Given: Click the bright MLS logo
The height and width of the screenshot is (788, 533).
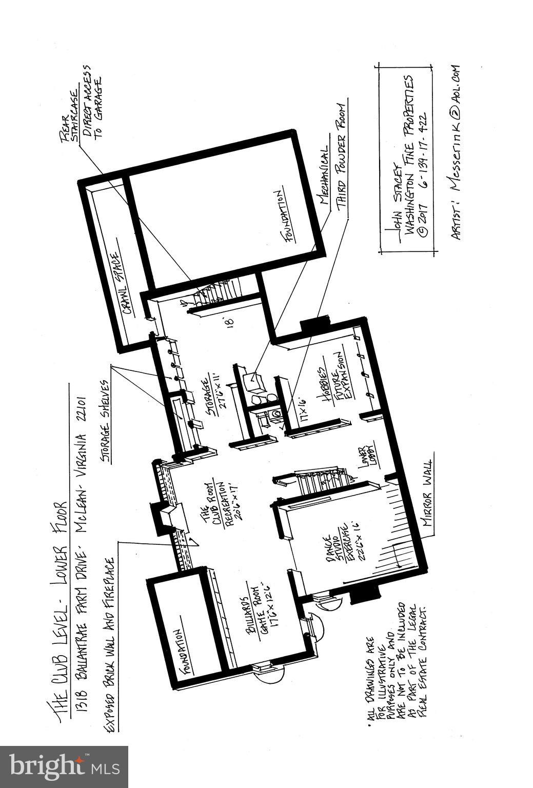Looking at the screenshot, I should click(64, 766).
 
